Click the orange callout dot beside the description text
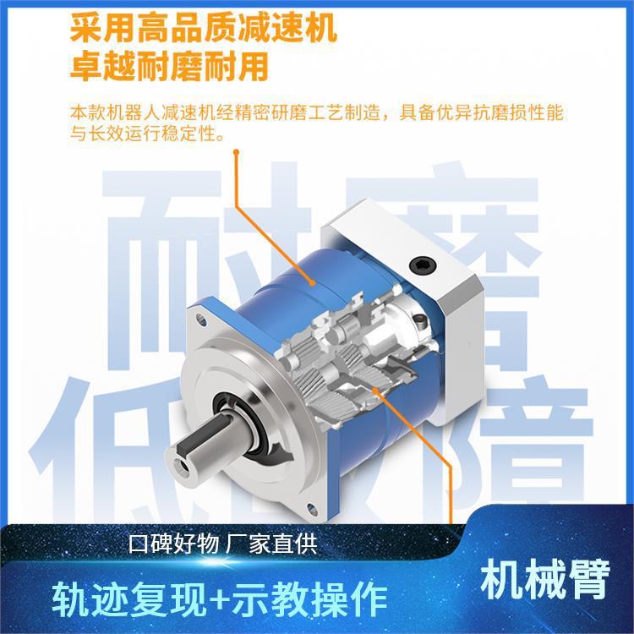[x=238, y=153]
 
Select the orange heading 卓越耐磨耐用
[x=168, y=65]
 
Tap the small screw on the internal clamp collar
[x=419, y=322]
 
